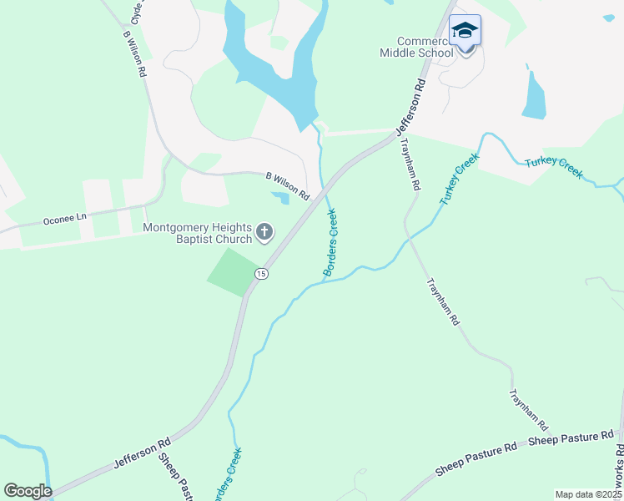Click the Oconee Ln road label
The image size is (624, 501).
pyautogui.click(x=64, y=220)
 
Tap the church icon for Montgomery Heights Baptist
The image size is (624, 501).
pyautogui.click(x=264, y=231)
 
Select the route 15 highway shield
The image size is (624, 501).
pyautogui.click(x=261, y=274)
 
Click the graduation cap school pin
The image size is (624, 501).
pyautogui.click(x=465, y=33)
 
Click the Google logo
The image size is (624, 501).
pyautogui.click(x=28, y=490)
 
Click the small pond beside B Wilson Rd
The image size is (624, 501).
pyautogui.click(x=280, y=197)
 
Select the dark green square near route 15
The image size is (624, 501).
pyautogui.click(x=233, y=271)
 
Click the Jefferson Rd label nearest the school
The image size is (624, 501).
pyautogui.click(x=412, y=108)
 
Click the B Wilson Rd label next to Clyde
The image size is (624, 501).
pyautogui.click(x=134, y=55)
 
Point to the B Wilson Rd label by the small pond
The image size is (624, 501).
pyautogui.click(x=288, y=186)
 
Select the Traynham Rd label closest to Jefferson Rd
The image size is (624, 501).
pyautogui.click(x=410, y=164)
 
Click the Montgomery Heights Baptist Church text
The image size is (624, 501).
pyautogui.click(x=198, y=233)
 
